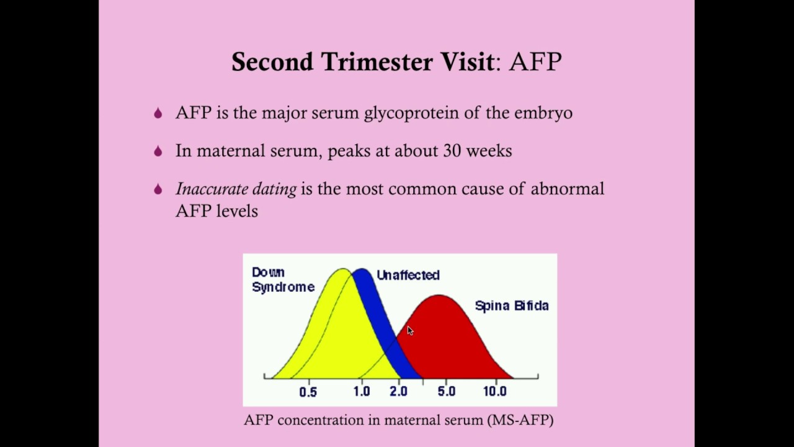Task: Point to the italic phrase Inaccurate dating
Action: click(236, 189)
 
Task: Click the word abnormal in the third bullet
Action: click(567, 189)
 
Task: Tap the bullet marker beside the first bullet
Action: click(158, 114)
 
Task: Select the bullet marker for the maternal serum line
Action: click(158, 151)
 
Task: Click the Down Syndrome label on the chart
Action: click(282, 280)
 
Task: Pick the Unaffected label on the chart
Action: click(408, 275)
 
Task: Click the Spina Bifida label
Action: click(512, 305)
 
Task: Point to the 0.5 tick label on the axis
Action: click(308, 392)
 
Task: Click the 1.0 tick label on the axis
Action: click(361, 392)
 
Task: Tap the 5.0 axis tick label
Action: click(446, 392)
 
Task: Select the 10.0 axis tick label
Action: click(494, 392)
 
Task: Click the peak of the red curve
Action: click(439, 296)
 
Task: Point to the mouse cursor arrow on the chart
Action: click(410, 331)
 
